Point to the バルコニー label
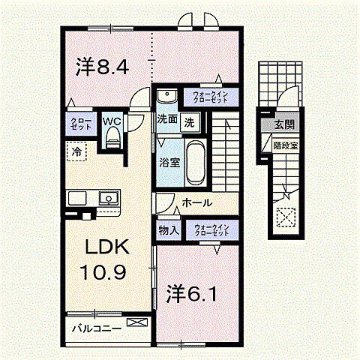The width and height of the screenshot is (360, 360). [97, 328]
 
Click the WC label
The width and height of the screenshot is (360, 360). [112, 120]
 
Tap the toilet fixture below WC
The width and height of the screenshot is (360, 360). [112, 137]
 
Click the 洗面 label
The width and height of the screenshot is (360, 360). [167, 118]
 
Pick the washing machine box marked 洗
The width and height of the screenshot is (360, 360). [190, 121]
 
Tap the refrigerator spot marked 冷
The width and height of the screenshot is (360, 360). [77, 151]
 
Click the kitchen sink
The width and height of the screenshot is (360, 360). [108, 199]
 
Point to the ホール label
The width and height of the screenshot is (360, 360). [197, 203]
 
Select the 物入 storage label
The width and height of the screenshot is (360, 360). [168, 231]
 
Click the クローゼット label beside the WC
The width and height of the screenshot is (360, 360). [81, 123]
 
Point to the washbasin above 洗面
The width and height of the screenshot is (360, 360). [166, 97]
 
